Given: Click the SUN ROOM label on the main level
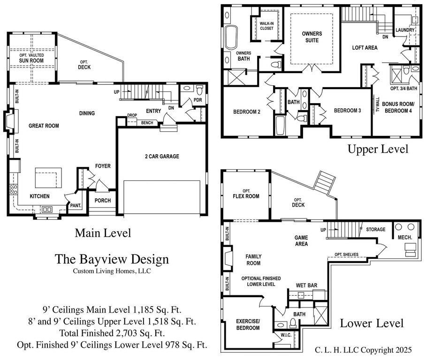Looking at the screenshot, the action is (31, 61).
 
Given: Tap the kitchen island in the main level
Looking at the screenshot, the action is (48, 178).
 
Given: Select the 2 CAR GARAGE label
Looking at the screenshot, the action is (162, 157).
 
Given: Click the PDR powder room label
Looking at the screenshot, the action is (198, 100).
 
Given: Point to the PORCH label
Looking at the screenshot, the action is (103, 201).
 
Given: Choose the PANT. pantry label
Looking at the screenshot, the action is (76, 206).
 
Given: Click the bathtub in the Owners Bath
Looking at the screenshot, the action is (231, 37).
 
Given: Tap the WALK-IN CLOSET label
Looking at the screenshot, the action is (266, 26).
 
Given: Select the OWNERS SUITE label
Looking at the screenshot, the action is (312, 37).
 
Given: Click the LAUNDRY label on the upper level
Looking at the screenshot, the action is (405, 30).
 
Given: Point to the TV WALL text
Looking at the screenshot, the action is (377, 105).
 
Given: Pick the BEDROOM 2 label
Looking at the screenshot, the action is (247, 112).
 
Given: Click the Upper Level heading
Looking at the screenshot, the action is (378, 150).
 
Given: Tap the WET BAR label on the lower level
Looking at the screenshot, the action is (306, 285).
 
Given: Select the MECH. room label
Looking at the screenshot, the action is (405, 238).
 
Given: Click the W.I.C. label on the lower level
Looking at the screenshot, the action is (286, 335).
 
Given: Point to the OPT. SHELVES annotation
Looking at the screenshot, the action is (346, 255).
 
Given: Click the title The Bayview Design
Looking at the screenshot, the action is (112, 259).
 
